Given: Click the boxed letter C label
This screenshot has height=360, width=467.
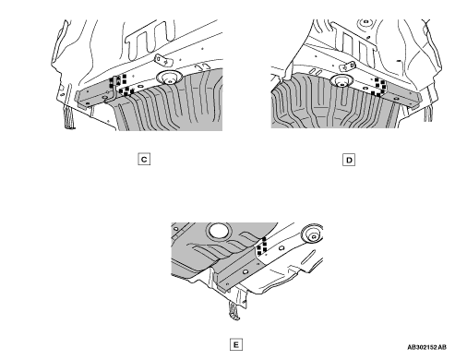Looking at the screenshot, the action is [x=144, y=159].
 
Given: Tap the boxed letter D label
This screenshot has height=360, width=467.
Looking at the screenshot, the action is [x=349, y=160].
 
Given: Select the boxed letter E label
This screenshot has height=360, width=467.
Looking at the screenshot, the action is [x=236, y=344].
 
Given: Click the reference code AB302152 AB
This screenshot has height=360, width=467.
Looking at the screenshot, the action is [x=426, y=347].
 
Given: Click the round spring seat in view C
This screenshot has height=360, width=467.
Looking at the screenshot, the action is [x=170, y=78].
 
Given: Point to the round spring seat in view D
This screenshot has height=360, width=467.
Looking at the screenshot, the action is [x=341, y=81].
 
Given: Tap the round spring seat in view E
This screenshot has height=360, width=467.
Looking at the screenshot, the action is [x=312, y=234].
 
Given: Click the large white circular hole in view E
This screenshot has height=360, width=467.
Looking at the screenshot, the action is [x=219, y=230].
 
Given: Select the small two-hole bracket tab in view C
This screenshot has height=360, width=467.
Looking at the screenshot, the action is [x=163, y=60].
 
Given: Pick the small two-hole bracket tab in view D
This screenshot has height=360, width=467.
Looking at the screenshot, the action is [x=348, y=66].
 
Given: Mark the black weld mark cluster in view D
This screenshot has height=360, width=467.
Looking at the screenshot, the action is [x=379, y=88].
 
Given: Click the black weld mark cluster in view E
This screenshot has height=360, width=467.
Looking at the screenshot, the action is [x=262, y=246].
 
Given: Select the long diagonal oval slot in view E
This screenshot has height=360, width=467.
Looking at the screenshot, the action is [x=308, y=258].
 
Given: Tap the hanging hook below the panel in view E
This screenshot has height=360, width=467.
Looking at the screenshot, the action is [x=234, y=310].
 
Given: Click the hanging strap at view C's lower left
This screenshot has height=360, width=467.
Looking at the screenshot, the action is [x=69, y=117].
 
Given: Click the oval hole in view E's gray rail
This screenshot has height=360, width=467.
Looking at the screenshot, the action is [x=245, y=272].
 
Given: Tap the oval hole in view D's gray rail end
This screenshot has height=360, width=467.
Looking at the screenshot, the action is [x=396, y=99].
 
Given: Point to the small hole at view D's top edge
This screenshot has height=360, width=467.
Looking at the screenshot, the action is [x=365, y=22].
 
